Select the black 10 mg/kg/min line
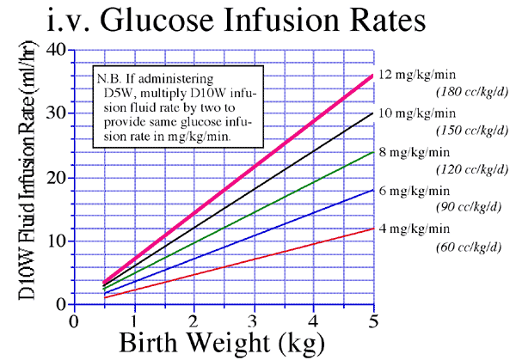pos(252,190)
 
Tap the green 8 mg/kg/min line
pos(252,213)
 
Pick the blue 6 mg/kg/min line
pos(252,236)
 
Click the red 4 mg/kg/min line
pos(252,259)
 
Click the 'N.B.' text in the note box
pos(113,76)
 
